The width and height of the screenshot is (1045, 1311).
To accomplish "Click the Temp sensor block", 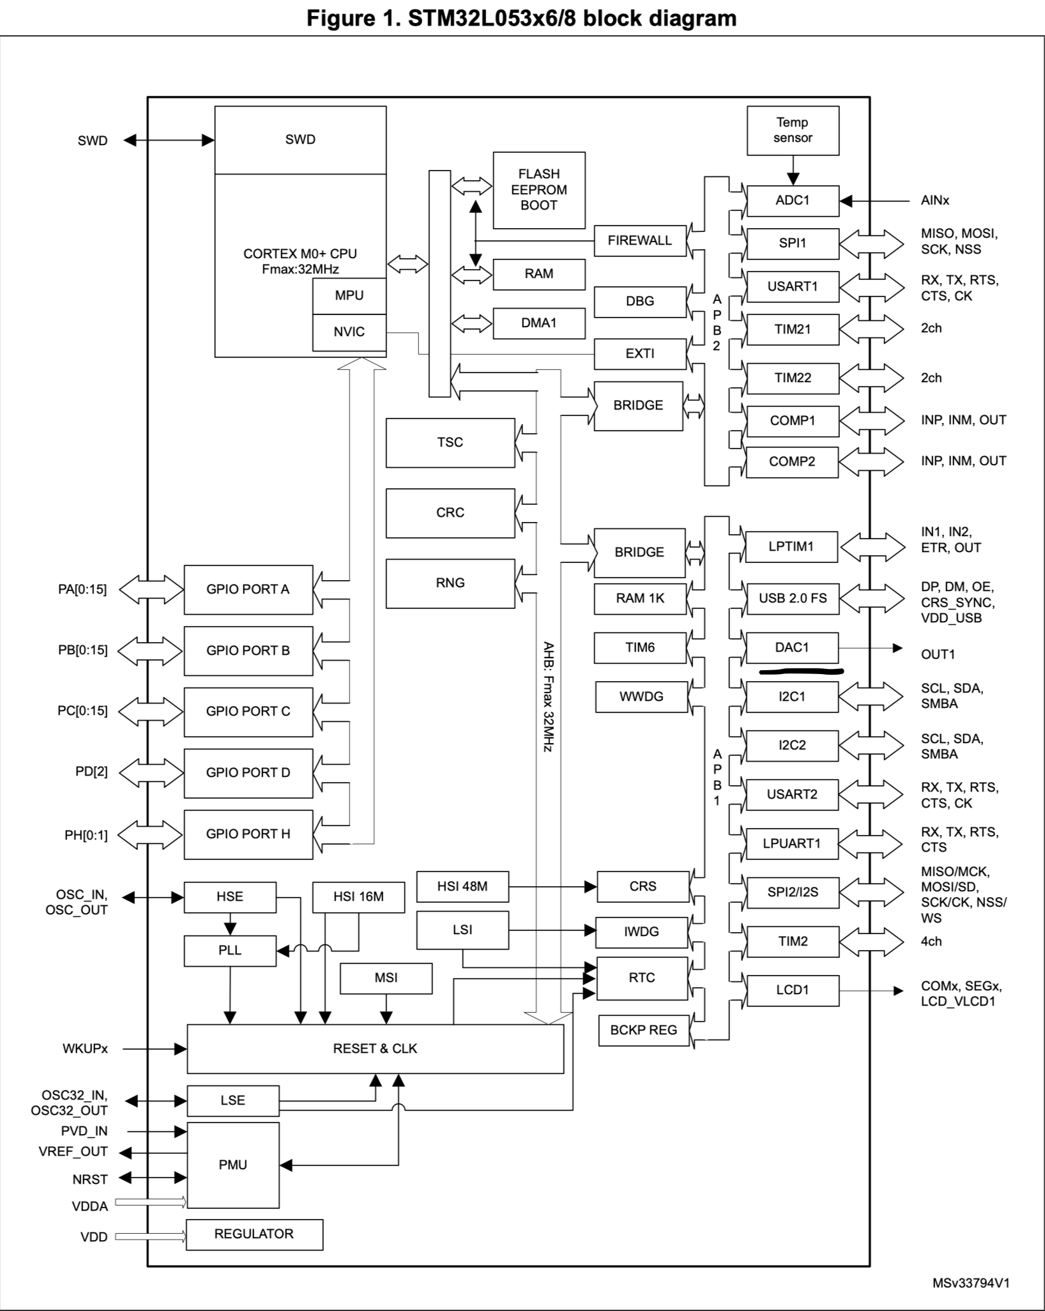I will [x=792, y=130].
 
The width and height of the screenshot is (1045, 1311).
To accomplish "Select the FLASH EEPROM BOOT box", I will [x=538, y=190].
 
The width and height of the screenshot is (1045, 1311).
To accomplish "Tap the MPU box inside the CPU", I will [x=349, y=295].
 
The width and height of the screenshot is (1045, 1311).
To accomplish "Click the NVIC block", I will [x=349, y=332].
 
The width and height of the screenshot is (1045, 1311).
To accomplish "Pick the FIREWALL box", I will [x=639, y=240].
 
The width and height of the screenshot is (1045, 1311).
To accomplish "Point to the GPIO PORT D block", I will [x=248, y=772].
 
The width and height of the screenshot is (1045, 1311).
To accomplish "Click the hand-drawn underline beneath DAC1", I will [x=801, y=671].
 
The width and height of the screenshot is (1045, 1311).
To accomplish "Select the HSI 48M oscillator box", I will [x=462, y=886].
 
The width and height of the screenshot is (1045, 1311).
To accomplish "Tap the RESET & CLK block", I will [x=375, y=1048].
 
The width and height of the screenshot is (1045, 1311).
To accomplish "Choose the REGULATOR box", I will [x=254, y=1234].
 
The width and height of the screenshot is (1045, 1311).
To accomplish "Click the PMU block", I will [x=233, y=1165].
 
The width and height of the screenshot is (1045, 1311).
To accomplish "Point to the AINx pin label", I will [x=934, y=201].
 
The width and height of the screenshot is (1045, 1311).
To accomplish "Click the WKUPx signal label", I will [x=85, y=1048].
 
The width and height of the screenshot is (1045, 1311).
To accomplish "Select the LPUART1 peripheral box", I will [x=791, y=843].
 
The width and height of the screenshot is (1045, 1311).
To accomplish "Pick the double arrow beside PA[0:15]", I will [x=151, y=589].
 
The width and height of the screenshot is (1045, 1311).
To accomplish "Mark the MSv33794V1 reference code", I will [x=970, y=1283].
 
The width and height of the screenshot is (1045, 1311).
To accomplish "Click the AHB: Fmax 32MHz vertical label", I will [x=547, y=696].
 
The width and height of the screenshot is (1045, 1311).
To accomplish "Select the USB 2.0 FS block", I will [x=792, y=598].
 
